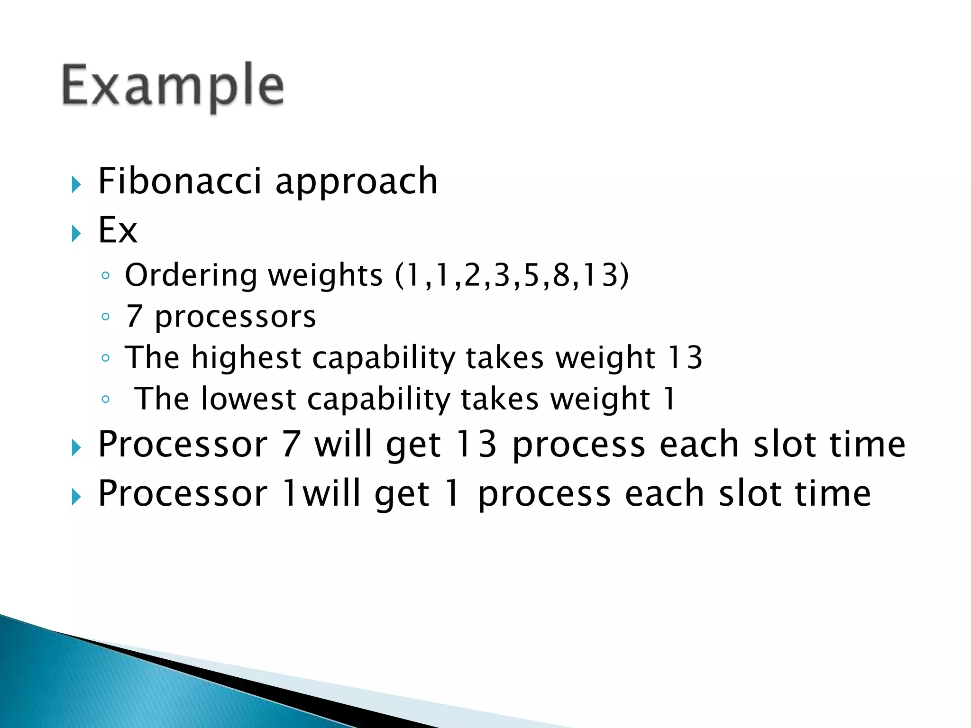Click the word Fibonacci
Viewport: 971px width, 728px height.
(180, 181)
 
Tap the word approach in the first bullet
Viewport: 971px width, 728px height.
(357, 182)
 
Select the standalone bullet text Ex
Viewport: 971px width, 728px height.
(118, 230)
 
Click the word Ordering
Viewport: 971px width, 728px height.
(191, 276)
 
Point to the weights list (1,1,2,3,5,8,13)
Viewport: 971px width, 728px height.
(512, 275)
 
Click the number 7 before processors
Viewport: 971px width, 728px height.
(134, 316)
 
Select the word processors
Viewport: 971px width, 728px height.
(235, 317)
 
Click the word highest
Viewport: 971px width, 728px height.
(246, 358)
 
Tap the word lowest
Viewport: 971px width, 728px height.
(248, 399)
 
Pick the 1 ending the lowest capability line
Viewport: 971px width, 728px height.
(669, 399)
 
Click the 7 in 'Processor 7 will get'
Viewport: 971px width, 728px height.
(291, 445)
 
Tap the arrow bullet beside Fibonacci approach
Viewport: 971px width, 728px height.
(76, 184)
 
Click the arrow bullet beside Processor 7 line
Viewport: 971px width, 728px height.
(76, 447)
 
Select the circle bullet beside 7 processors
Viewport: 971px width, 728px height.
(106, 317)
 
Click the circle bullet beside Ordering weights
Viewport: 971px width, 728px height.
(106, 275)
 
